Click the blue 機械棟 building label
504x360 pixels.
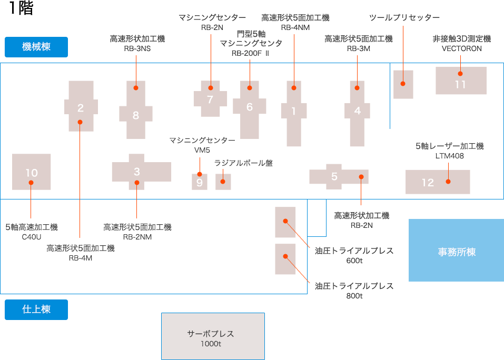(36, 46)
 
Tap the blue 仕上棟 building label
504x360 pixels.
(36, 309)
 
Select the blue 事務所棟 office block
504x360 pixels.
(456, 252)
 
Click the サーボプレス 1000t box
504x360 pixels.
(212, 338)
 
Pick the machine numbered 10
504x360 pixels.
(32, 172)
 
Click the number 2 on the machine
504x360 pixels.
(81, 108)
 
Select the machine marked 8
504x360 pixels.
(136, 115)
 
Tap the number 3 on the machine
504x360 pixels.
(137, 172)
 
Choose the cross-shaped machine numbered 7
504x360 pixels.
(210, 98)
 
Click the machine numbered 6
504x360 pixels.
(250, 107)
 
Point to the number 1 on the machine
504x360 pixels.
(294, 111)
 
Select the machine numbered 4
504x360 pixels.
(358, 111)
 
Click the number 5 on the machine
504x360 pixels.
(334, 176)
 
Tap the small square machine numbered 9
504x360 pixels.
(200, 182)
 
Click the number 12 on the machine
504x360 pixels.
(428, 182)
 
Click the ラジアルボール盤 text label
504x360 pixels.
(243, 163)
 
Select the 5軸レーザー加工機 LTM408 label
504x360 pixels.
(449, 151)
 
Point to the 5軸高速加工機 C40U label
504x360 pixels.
(32, 232)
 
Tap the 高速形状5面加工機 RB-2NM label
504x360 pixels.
(137, 232)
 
